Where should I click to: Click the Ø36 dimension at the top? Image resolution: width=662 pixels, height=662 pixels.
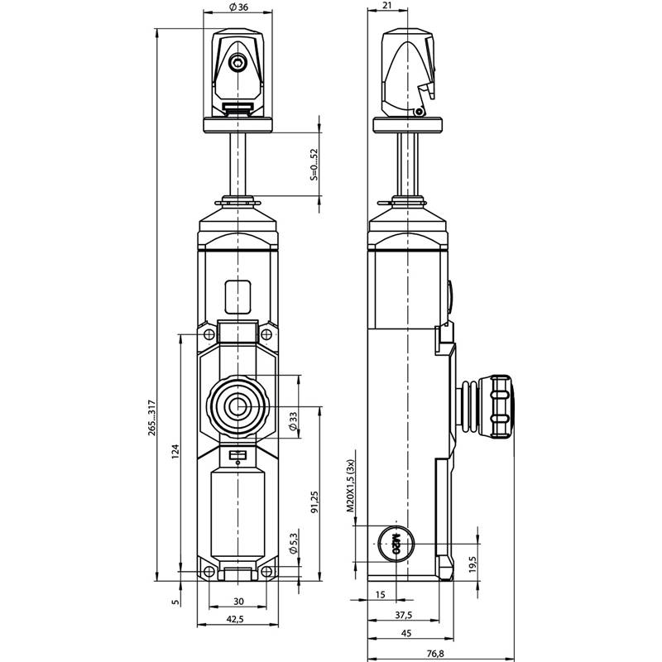pyautogui.click(x=237, y=7)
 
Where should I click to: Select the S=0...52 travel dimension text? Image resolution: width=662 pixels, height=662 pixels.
pyautogui.click(x=313, y=164)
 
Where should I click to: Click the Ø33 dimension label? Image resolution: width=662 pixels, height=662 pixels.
pyautogui.click(x=294, y=423)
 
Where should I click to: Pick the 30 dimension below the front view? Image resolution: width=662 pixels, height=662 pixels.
pyautogui.click(x=237, y=602)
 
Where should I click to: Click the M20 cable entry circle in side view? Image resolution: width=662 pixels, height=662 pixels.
pyautogui.click(x=395, y=543)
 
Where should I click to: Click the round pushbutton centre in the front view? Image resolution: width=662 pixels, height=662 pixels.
pyautogui.click(x=237, y=406)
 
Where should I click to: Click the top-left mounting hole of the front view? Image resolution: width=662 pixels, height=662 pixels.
pyautogui.click(x=208, y=334)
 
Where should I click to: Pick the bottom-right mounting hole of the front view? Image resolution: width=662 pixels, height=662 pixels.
pyautogui.click(x=266, y=572)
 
